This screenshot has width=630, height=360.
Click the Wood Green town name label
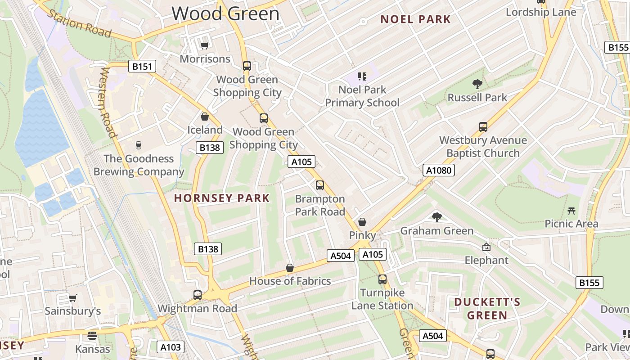tap(225, 13)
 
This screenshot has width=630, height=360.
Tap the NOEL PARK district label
tap(415, 19)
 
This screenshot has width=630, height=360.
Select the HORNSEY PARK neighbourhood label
tap(222, 198)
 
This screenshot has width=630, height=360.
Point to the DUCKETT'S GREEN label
tap(487, 308)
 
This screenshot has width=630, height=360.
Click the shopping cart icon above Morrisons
tap(204, 45)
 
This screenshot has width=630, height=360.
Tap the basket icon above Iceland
tap(205, 117)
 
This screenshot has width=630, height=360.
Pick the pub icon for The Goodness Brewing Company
tap(139, 145)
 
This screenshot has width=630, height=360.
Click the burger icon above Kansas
tap(92, 336)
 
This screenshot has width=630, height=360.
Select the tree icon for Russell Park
tap(477, 84)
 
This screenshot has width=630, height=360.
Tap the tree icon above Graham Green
tap(436, 217)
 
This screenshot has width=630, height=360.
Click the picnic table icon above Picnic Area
tap(571, 210)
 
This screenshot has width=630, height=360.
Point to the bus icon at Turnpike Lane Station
tap(382, 279)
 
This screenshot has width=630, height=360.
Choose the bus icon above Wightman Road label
tap(197, 295)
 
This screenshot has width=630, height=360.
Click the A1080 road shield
tap(439, 170)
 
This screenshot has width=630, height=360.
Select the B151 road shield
tap(142, 67)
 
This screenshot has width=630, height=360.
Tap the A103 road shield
tap(171, 347)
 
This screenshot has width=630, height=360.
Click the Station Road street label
tap(79, 24)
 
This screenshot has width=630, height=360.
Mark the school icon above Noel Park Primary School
tap(362, 76)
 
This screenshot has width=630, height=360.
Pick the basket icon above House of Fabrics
tap(290, 268)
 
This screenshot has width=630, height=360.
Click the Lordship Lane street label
tap(541, 12)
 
